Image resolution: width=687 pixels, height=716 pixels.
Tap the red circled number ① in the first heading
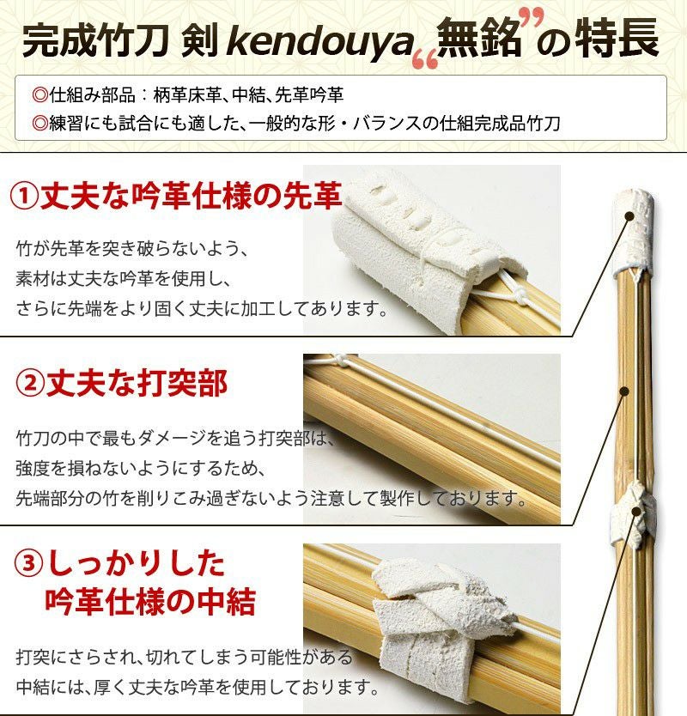pyautogui.click(x=24, y=197)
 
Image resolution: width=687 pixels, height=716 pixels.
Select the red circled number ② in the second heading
pyautogui.click(x=30, y=384)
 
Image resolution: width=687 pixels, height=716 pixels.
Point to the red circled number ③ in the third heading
pyautogui.click(x=29, y=563)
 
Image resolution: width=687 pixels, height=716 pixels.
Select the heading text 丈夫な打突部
pyautogui.click(x=137, y=384)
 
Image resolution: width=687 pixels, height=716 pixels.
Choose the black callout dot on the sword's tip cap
pyautogui.click(x=630, y=216)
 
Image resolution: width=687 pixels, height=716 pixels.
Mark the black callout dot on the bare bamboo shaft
pyautogui.click(x=626, y=391)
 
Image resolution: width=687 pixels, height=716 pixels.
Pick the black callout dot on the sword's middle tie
pyautogui.click(x=635, y=511)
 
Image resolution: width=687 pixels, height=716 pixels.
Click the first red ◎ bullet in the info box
pyautogui.click(x=40, y=95)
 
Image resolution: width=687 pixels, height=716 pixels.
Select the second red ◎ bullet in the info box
pyautogui.click(x=40, y=124)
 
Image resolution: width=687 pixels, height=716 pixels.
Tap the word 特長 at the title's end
pyautogui.click(x=617, y=39)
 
